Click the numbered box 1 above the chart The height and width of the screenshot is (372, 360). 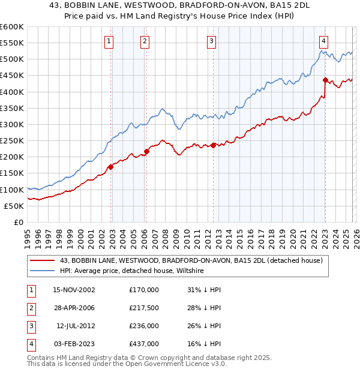[109, 41]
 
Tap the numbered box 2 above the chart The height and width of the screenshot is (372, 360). [145, 41]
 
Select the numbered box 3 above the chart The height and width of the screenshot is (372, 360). [212, 41]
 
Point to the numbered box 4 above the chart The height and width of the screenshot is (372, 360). [323, 41]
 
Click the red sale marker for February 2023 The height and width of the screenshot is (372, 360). [325, 80]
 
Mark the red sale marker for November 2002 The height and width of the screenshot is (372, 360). [111, 167]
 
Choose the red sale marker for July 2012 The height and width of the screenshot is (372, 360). [214, 145]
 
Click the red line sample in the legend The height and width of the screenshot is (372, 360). [43, 260]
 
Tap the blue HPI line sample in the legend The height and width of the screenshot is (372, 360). [43, 271]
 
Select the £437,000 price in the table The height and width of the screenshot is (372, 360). [144, 344]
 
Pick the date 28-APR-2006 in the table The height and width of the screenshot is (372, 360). [74, 308]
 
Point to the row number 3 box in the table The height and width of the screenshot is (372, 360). [29, 326]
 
